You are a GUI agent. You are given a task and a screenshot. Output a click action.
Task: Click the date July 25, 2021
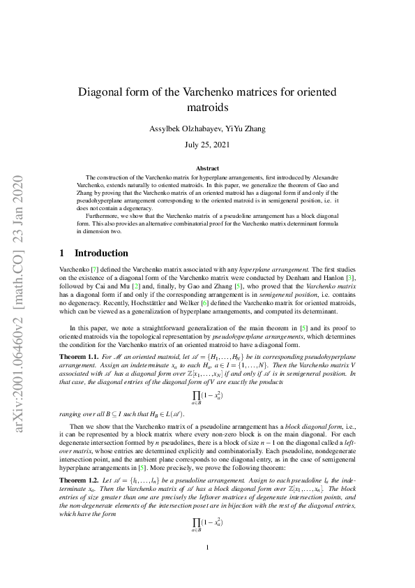(207, 145)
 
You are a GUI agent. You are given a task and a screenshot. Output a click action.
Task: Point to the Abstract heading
(207, 168)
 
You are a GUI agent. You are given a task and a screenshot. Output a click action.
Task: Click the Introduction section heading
(101, 253)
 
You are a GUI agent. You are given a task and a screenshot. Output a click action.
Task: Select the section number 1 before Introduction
(62, 253)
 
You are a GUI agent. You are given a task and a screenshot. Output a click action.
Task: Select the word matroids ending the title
(207, 108)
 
